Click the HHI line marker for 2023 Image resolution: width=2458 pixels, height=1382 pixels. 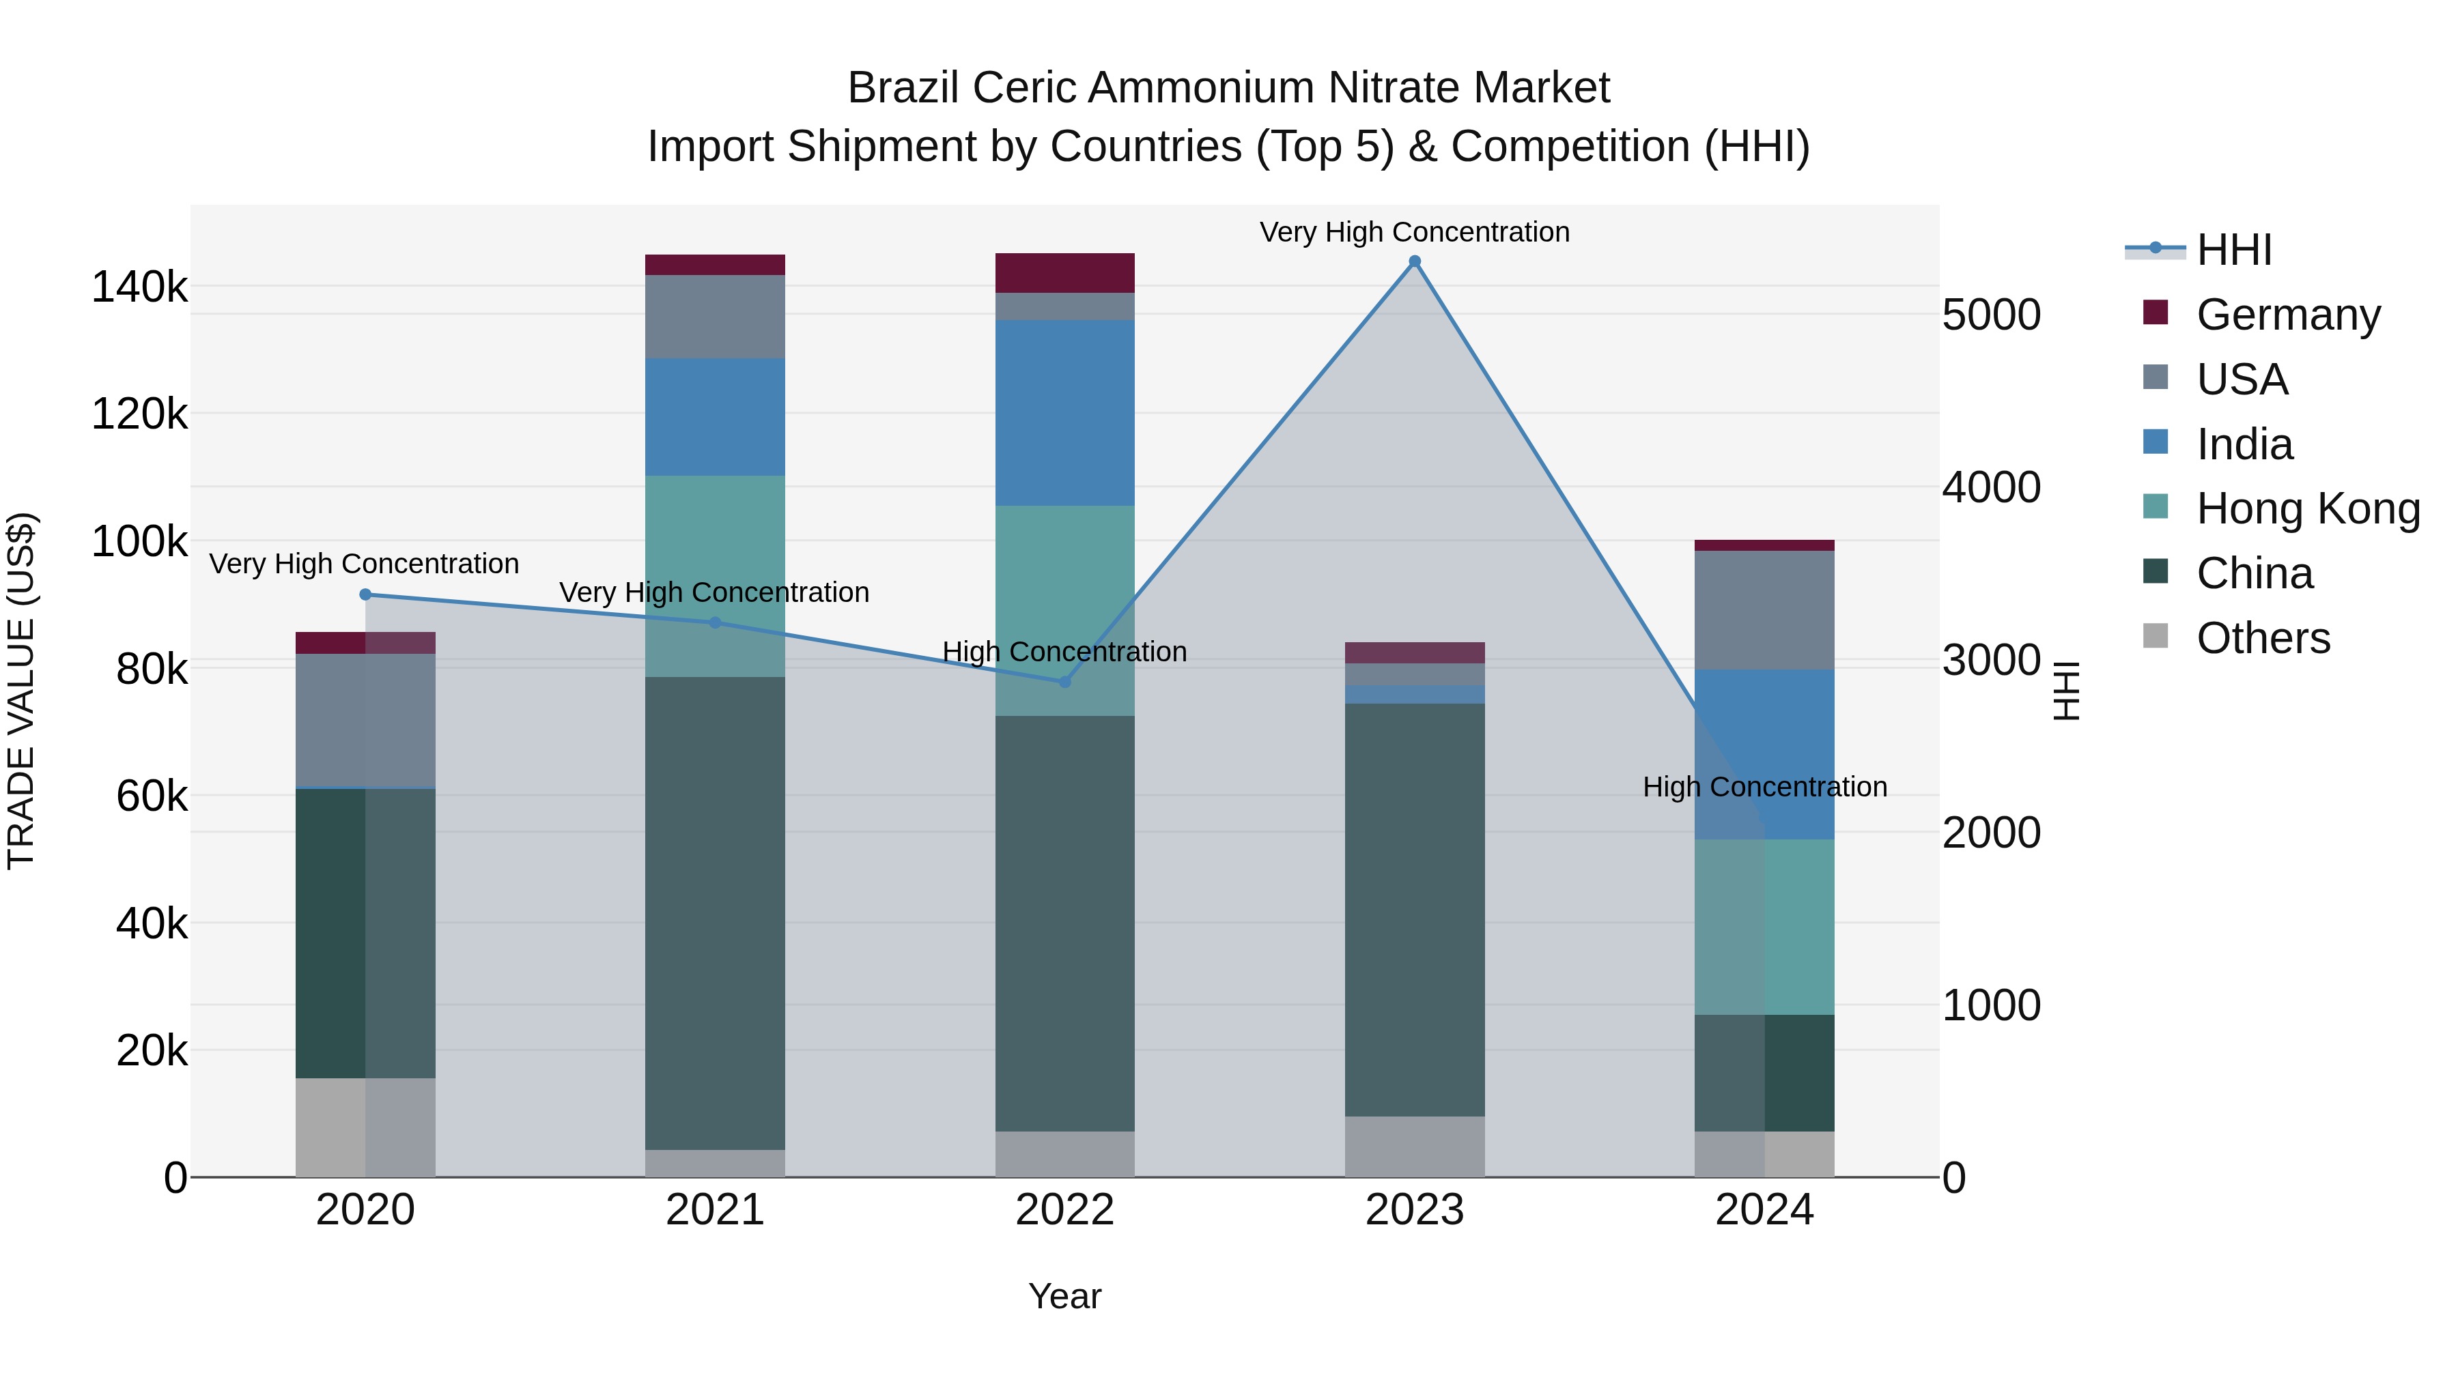coord(1414,261)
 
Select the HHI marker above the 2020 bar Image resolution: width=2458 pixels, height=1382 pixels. coord(365,594)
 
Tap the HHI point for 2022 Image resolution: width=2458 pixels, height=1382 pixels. coord(1065,682)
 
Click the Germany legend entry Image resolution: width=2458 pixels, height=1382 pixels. coord(2288,315)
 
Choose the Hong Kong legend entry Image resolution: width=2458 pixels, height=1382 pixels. coord(2307,508)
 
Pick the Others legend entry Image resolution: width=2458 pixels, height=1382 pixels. coord(2263,638)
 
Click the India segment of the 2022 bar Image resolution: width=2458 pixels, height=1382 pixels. coord(1065,412)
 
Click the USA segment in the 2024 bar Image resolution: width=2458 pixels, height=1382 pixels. coord(1764,609)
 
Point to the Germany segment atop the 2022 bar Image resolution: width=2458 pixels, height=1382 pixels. coord(1065,273)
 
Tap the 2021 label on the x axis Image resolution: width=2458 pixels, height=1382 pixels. coord(715,1210)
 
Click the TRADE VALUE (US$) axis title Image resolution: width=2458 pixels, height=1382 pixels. coord(21,691)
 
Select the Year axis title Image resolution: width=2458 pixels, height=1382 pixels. coord(1065,1296)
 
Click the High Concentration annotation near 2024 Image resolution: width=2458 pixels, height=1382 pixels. coord(1764,787)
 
